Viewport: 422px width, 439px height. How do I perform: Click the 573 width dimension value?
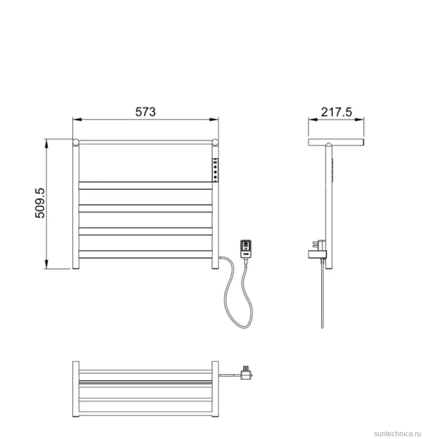click(146, 112)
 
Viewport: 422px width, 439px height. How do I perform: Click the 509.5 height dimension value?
click(40, 203)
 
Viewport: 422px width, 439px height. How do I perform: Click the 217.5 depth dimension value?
click(337, 112)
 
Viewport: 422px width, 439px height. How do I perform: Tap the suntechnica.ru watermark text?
click(397, 434)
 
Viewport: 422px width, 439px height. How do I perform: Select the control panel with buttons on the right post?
click(215, 170)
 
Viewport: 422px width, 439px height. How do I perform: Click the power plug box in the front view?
click(246, 248)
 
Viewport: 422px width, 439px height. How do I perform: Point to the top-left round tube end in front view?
click(76, 142)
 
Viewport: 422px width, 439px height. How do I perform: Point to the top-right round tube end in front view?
click(215, 142)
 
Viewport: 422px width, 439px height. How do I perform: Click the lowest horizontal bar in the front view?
click(146, 254)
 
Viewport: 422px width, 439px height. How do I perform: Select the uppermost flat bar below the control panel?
click(146, 186)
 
